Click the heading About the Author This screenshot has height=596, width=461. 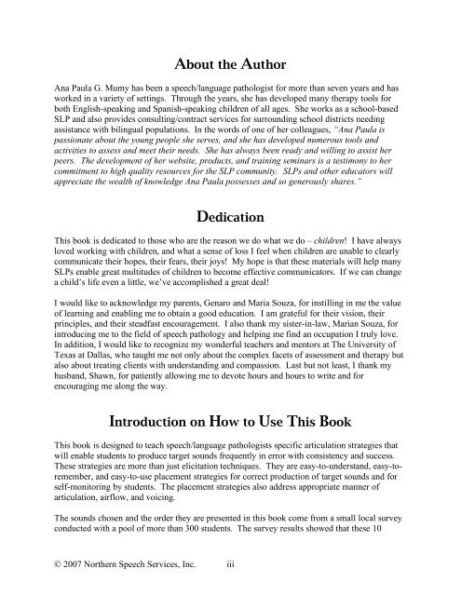coord(230,63)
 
